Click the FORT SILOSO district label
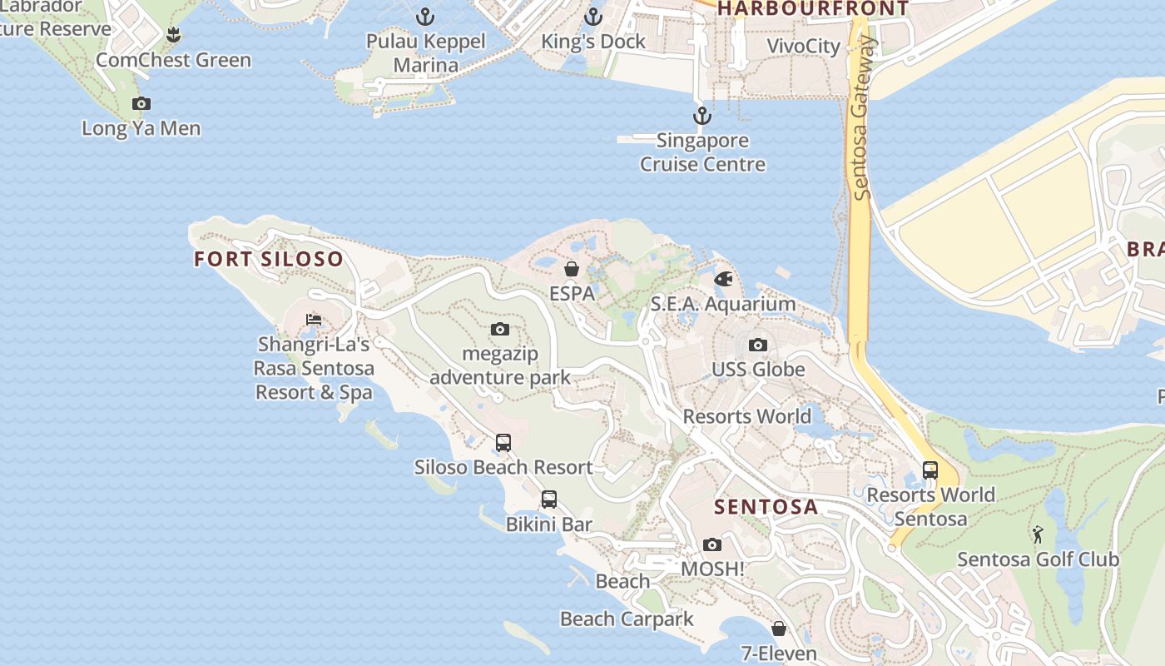(269, 259)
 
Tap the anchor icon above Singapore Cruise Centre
(702, 116)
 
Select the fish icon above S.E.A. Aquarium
(723, 278)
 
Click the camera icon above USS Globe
(757, 345)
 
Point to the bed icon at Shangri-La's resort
(314, 319)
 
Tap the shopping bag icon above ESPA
(572, 268)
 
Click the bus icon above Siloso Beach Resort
(503, 442)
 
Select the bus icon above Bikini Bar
(549, 499)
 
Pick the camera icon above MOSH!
(711, 544)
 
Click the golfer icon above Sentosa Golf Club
(1038, 534)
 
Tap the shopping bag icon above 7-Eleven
(779, 629)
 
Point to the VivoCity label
(804, 46)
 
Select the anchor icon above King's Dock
(593, 16)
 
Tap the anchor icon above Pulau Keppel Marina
(425, 16)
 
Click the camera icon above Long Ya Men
(141, 104)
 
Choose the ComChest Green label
(173, 60)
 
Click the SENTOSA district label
(766, 507)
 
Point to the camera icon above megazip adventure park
(500, 329)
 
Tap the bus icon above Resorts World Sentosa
(930, 470)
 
